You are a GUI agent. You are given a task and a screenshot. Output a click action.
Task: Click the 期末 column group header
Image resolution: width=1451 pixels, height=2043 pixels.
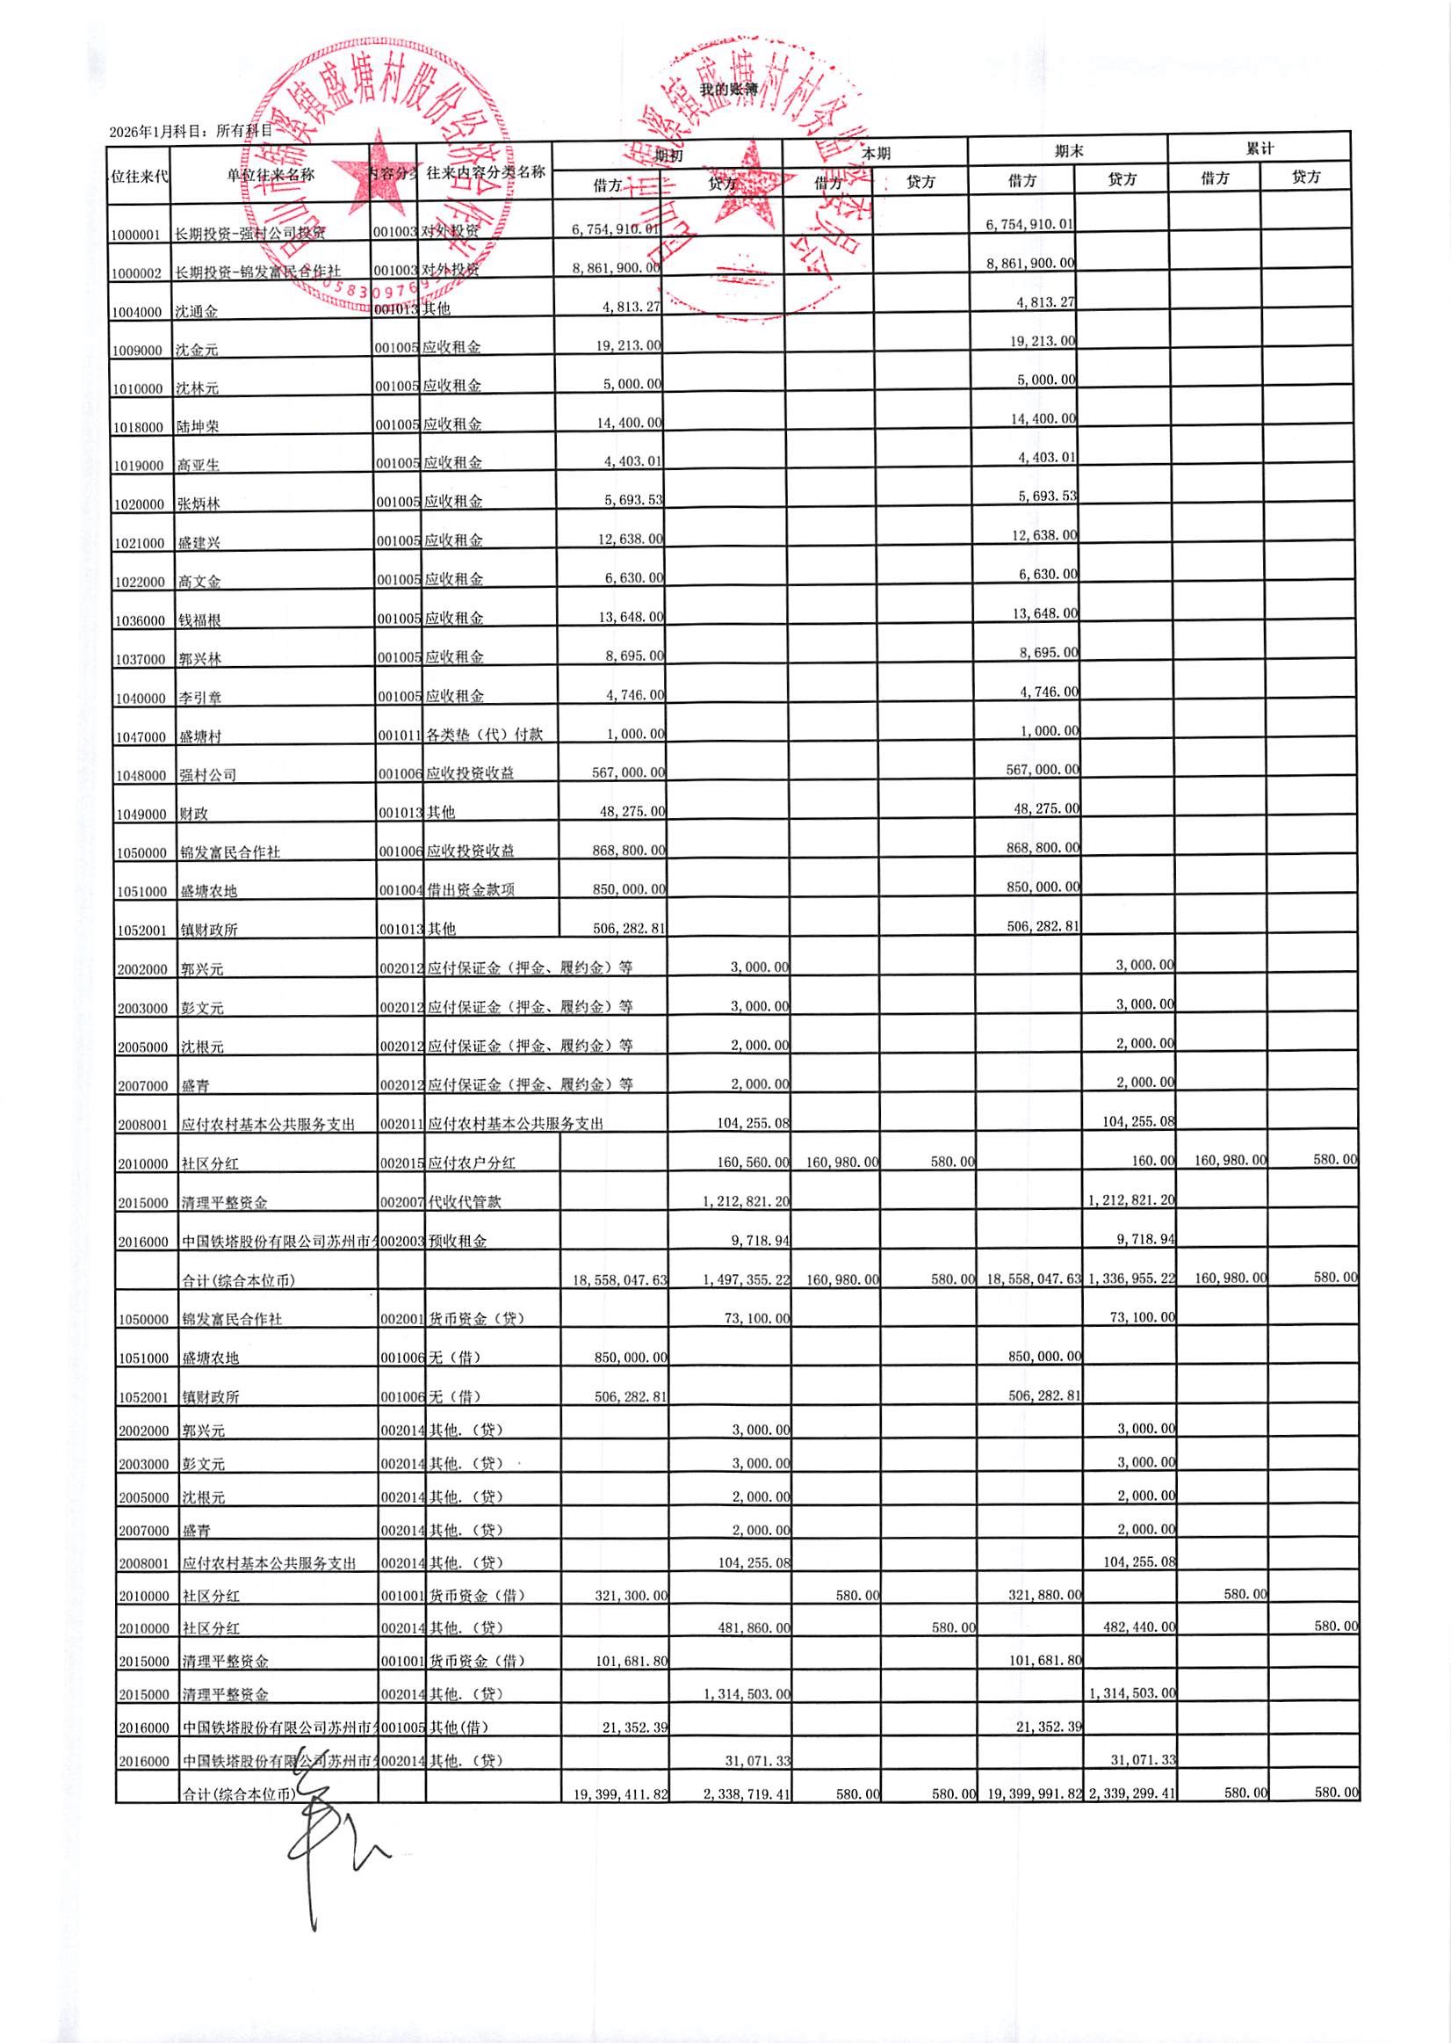click(x=1068, y=151)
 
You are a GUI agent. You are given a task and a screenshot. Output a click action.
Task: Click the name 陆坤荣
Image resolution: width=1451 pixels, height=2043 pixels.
click(x=199, y=426)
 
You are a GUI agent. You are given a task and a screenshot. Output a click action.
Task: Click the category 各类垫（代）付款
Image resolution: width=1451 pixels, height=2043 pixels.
click(x=485, y=735)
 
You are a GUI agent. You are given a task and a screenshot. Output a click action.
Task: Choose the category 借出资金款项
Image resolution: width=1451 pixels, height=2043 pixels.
click(x=471, y=889)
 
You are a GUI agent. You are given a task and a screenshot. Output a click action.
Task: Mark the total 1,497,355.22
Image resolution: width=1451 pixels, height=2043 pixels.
click(x=747, y=1279)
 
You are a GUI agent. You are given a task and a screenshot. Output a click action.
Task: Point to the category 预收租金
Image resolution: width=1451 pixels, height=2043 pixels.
click(x=458, y=1241)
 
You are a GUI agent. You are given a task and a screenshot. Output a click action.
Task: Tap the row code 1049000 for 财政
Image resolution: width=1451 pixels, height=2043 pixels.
click(x=141, y=815)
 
